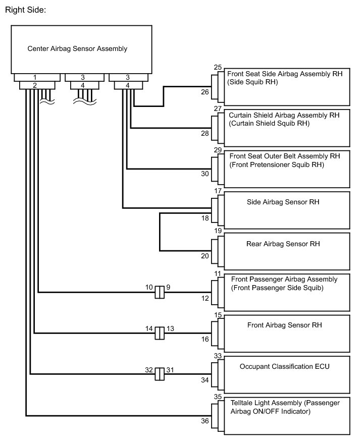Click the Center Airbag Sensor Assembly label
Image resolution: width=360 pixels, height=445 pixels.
click(77, 49)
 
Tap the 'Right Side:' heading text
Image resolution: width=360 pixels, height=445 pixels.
click(25, 10)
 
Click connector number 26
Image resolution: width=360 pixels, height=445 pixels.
click(204, 92)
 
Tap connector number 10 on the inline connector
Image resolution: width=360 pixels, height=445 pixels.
click(149, 287)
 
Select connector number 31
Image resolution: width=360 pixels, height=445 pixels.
click(170, 369)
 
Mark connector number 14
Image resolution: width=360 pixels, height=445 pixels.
click(149, 328)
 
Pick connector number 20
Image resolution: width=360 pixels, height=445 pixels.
click(204, 256)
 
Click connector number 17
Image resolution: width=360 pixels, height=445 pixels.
click(218, 191)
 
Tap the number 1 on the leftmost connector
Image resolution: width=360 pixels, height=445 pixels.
click(34, 77)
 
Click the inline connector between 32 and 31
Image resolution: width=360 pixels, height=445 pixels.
click(160, 374)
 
